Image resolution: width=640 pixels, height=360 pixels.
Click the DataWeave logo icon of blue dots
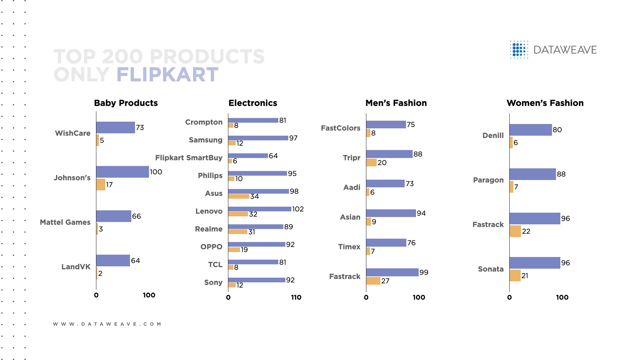(x=519, y=50)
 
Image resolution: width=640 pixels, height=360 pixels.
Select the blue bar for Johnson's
(x=123, y=172)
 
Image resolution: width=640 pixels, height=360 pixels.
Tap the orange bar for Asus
(x=239, y=196)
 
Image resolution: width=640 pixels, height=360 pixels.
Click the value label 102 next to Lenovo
(x=298, y=209)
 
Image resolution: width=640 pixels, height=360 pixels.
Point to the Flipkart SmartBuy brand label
(x=189, y=158)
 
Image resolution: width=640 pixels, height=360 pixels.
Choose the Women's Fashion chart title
(x=545, y=103)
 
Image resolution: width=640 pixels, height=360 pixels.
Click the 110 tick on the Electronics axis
(x=296, y=297)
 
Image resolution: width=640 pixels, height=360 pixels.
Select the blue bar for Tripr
(x=389, y=154)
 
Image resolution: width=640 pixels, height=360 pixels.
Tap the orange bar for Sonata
(x=515, y=276)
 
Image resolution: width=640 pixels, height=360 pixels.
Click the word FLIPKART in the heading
(x=167, y=75)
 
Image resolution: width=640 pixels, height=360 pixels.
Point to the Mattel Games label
(x=65, y=222)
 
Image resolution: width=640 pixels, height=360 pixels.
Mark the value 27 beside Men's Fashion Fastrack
(x=385, y=281)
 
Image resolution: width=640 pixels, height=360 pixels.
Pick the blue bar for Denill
(x=531, y=130)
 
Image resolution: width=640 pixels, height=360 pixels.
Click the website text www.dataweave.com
(x=107, y=324)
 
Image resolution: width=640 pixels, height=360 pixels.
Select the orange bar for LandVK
(x=97, y=273)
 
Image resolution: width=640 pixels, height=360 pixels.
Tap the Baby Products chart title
(x=126, y=103)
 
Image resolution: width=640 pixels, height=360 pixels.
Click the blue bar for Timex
(x=386, y=243)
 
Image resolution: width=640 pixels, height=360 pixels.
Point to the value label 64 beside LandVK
(x=135, y=261)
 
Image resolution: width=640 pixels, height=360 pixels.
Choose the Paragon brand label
(x=488, y=180)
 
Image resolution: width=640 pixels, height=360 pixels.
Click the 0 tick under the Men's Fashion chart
(x=366, y=297)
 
